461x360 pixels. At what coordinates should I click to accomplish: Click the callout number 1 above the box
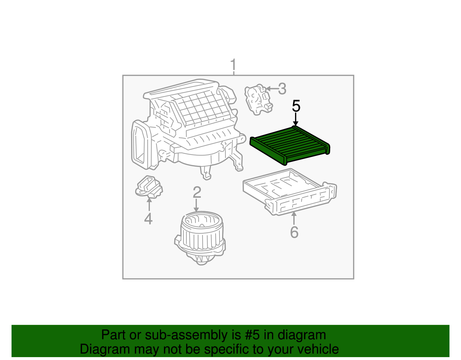(x=233, y=65)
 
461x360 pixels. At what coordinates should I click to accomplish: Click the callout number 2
(x=197, y=192)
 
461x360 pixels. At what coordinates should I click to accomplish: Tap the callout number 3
(x=282, y=89)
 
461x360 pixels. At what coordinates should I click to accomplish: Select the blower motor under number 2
(x=200, y=238)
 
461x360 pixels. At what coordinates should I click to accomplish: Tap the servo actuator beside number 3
(x=258, y=99)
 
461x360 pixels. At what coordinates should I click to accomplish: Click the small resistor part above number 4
(x=149, y=187)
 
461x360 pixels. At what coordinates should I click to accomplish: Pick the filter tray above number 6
(x=290, y=192)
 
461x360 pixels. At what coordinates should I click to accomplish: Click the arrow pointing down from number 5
(x=296, y=119)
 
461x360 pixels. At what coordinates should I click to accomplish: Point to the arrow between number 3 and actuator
(x=272, y=89)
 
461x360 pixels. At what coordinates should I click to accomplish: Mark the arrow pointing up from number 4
(x=149, y=204)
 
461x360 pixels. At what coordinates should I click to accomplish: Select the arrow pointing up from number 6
(x=294, y=218)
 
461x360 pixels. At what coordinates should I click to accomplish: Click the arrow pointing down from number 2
(x=196, y=205)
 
